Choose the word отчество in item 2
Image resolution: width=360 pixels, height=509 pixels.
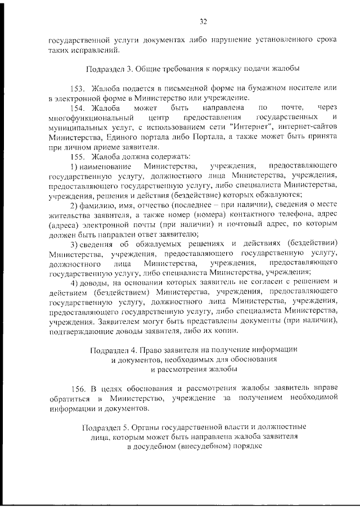[148, 204]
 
